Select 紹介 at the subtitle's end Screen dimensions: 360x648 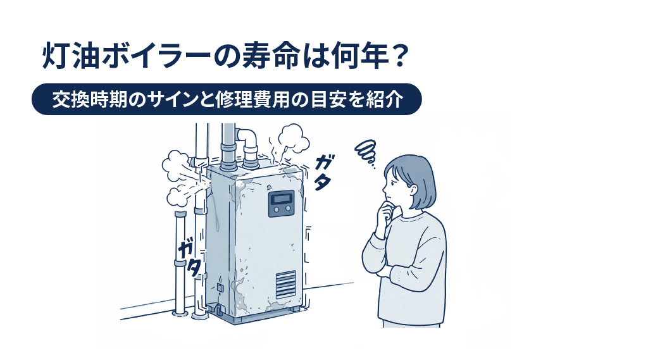click(x=385, y=100)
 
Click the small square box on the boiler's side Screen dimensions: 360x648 click(x=220, y=288)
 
